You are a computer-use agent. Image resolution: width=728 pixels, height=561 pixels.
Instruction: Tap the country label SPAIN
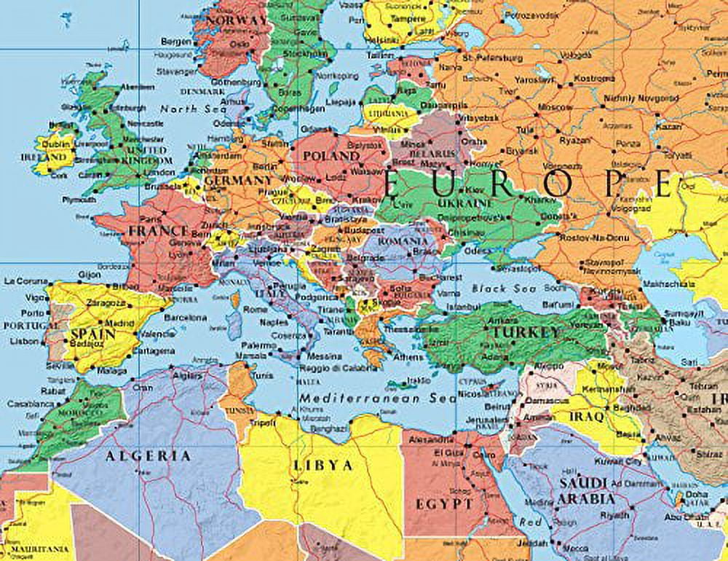tap(92, 334)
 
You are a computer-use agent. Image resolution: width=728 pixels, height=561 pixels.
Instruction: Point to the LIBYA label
tap(323, 466)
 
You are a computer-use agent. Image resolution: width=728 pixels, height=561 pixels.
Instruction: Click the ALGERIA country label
tap(149, 456)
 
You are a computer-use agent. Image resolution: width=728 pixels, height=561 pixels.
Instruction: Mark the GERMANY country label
tap(238, 180)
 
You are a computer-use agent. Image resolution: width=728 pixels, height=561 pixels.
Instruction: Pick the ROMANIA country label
tap(402, 241)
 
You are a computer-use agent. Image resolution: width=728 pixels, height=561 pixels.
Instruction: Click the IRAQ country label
tap(588, 417)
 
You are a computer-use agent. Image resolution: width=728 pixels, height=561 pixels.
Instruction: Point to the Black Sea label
tap(499, 289)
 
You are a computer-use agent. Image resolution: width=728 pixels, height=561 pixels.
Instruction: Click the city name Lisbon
tap(25, 341)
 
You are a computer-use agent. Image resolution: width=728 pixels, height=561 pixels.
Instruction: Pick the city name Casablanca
tap(25, 404)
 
